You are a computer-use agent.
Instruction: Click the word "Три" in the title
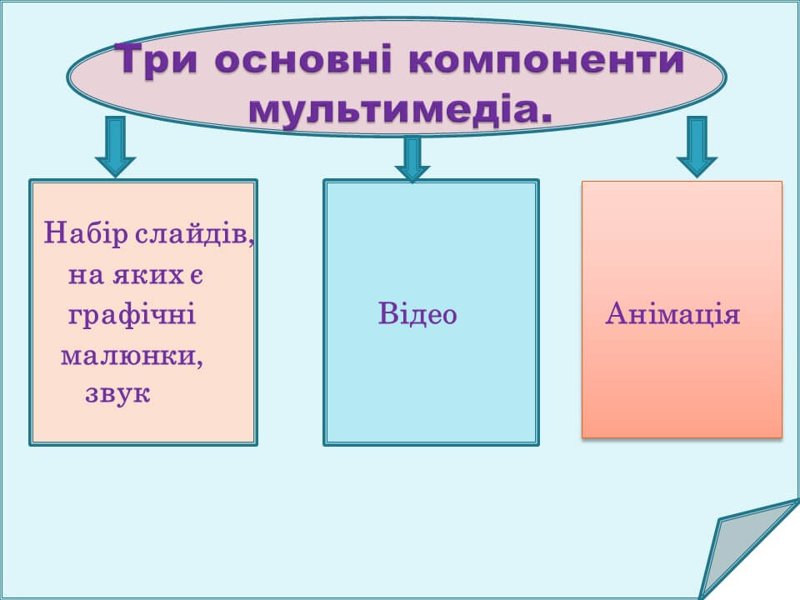tap(156, 60)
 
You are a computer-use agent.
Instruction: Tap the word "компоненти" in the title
tap(546, 61)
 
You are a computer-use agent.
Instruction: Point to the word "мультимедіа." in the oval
tap(401, 109)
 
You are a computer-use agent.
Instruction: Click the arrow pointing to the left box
tap(115, 147)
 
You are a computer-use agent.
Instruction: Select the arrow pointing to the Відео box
tap(412, 159)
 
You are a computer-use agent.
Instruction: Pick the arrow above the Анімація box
tap(697, 147)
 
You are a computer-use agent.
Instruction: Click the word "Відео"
tap(417, 313)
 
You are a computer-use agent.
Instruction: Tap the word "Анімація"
tap(672, 313)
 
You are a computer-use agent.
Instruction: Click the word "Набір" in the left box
tap(86, 233)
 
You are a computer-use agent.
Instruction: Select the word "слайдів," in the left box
tap(195, 235)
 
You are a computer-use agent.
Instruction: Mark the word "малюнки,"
tap(132, 357)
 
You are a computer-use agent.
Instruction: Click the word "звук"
tap(117, 395)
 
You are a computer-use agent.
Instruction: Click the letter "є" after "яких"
tap(197, 276)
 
